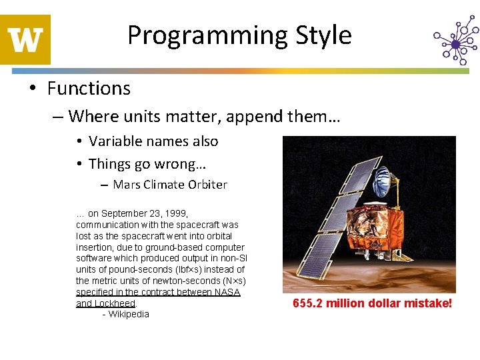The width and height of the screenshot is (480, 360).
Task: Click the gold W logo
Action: [25, 39]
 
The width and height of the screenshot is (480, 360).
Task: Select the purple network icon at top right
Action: [455, 43]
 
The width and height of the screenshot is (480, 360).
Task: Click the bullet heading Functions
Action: [89, 89]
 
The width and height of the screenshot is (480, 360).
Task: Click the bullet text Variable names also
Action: [153, 141]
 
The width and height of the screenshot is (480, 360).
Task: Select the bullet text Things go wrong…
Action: [147, 164]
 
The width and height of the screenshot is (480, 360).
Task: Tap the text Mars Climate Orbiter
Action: [170, 185]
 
